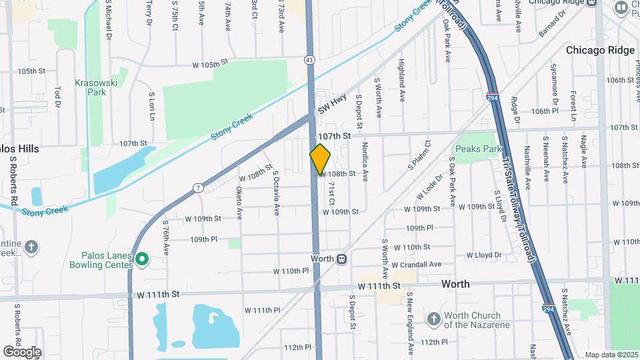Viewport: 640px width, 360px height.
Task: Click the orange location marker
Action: click(x=320, y=159)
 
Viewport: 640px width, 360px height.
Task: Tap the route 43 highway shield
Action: click(x=310, y=60)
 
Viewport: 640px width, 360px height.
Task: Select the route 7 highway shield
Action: click(x=199, y=188)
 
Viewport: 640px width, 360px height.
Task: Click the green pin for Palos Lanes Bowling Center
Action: click(x=141, y=259)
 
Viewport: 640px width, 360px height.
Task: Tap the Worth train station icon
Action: click(x=341, y=259)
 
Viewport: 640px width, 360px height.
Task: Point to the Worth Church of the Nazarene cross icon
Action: click(x=433, y=318)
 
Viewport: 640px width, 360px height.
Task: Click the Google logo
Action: click(x=22, y=351)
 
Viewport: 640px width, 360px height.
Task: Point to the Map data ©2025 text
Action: click(x=611, y=355)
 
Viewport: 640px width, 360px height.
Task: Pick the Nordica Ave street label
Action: click(x=365, y=159)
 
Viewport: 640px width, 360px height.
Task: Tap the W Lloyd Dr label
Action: click(x=483, y=255)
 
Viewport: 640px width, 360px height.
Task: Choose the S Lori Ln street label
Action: click(x=152, y=106)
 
